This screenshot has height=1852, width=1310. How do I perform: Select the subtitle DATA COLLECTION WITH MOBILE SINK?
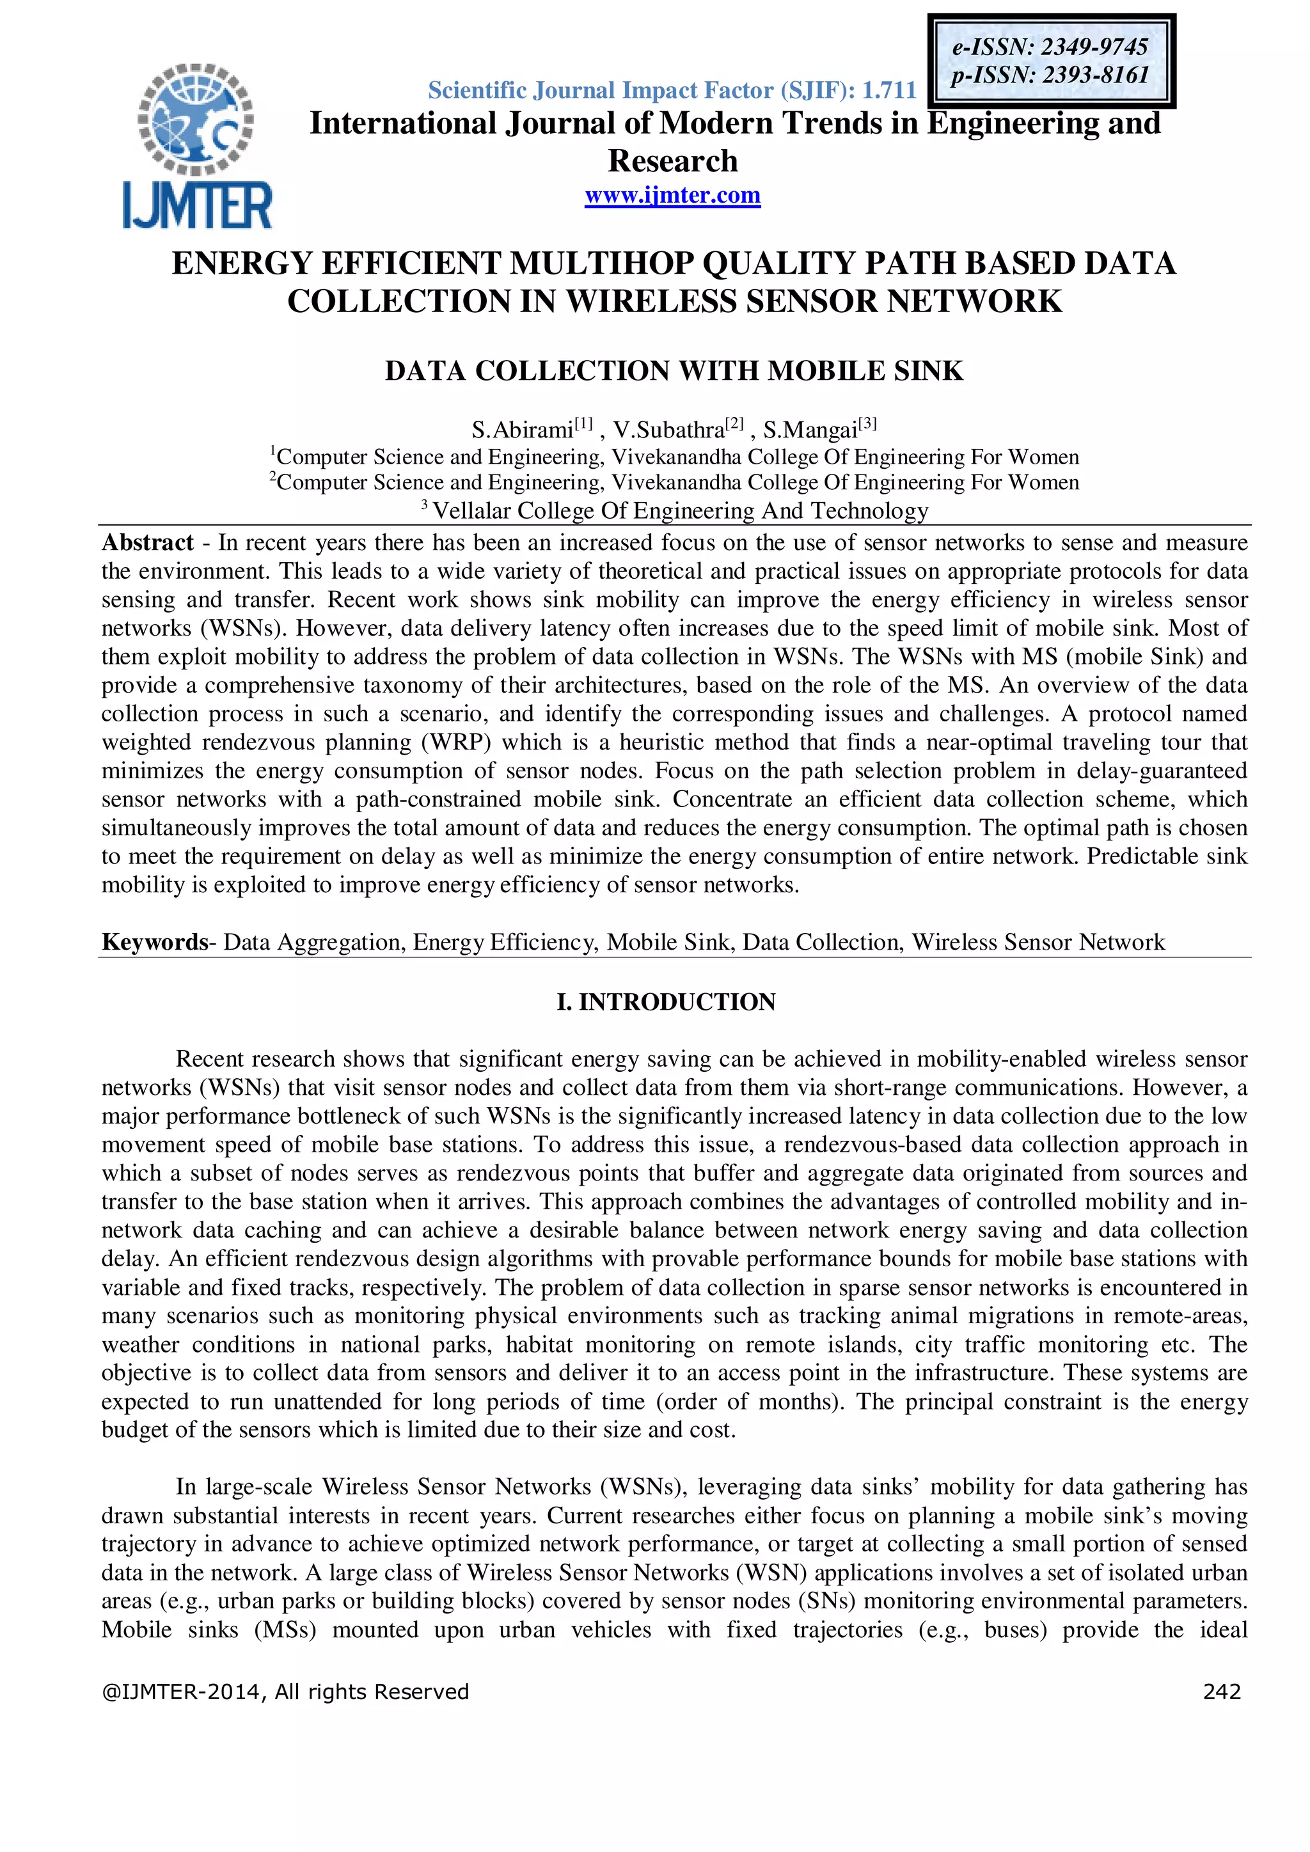click(x=674, y=371)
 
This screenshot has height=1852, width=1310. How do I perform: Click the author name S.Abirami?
click(x=522, y=429)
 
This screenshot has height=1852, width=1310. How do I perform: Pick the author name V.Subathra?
click(x=668, y=429)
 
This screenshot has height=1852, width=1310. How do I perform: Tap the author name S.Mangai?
click(x=810, y=429)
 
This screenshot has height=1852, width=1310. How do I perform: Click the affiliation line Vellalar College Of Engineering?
click(x=680, y=510)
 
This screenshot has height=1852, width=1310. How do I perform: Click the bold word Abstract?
click(x=148, y=543)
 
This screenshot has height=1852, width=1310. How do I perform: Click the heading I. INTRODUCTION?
click(x=665, y=1002)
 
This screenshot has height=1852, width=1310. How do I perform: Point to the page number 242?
click(x=1221, y=1691)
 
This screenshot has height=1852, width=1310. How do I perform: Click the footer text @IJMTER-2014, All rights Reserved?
click(x=285, y=1691)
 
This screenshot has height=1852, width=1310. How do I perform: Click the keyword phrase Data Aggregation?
click(x=314, y=942)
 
